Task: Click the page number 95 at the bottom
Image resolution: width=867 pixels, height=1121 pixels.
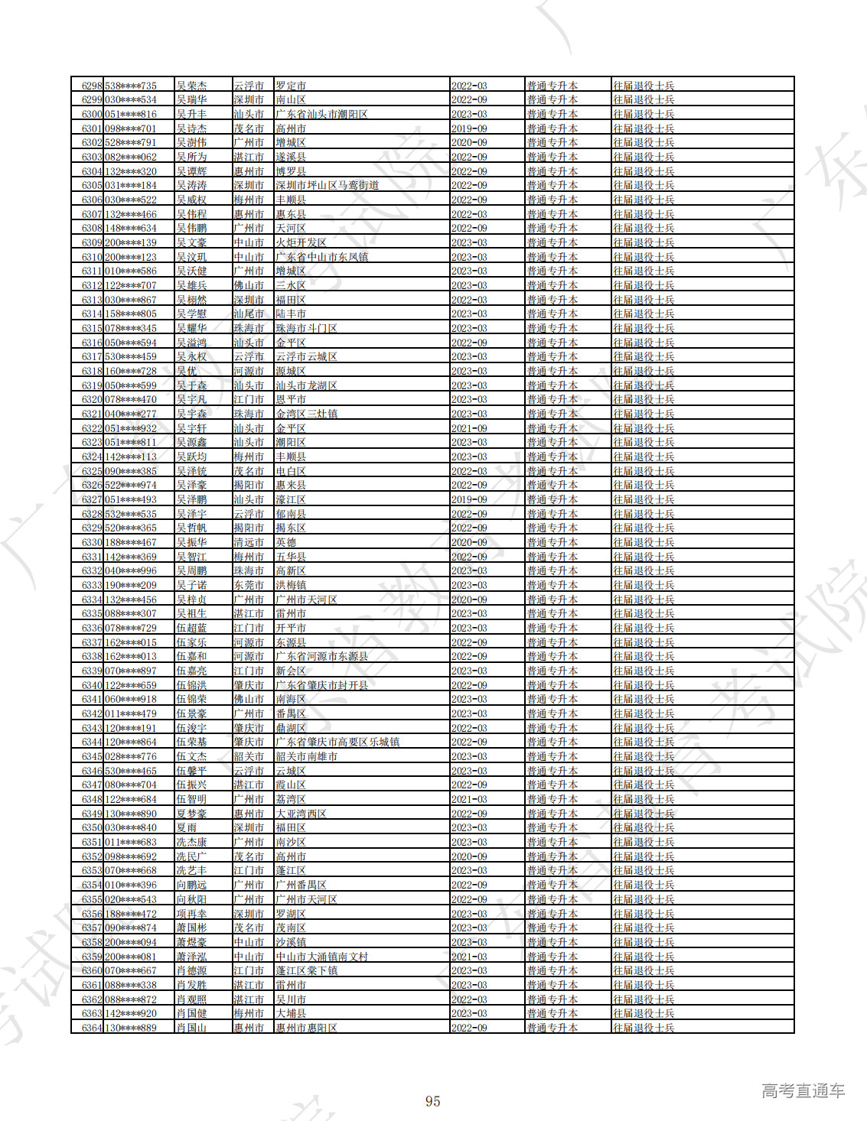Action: tap(432, 1101)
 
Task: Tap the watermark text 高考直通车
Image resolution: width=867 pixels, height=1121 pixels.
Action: tap(803, 1091)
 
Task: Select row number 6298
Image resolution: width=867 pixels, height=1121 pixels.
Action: tap(91, 86)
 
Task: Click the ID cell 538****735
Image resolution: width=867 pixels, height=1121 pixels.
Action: tap(131, 86)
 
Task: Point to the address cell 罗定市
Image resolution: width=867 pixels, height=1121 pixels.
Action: tap(291, 86)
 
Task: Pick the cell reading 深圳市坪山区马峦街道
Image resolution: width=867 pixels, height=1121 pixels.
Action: tap(328, 185)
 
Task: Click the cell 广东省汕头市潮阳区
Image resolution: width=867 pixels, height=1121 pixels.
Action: tap(321, 114)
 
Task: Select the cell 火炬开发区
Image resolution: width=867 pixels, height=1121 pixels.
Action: tap(301, 242)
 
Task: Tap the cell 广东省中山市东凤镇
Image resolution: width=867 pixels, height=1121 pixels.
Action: tap(321, 257)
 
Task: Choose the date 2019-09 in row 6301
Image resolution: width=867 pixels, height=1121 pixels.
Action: tap(469, 128)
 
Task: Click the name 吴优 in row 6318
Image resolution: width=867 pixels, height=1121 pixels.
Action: tap(186, 371)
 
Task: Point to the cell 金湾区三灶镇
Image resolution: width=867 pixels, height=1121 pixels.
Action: tap(306, 414)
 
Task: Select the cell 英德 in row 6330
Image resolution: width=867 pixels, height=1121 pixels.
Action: tap(285, 542)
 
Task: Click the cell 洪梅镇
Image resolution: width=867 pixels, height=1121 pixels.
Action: tap(291, 585)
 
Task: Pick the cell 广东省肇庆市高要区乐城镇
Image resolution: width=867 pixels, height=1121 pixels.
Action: tap(337, 742)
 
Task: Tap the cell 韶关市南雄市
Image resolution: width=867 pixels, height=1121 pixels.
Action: tap(306, 756)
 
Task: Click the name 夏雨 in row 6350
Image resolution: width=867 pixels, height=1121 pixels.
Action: tap(186, 827)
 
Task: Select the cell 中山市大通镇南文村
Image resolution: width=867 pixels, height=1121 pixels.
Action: tap(321, 957)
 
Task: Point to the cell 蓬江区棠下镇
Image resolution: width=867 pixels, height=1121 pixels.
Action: tap(306, 970)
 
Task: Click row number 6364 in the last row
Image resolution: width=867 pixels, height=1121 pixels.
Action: tap(91, 1028)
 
